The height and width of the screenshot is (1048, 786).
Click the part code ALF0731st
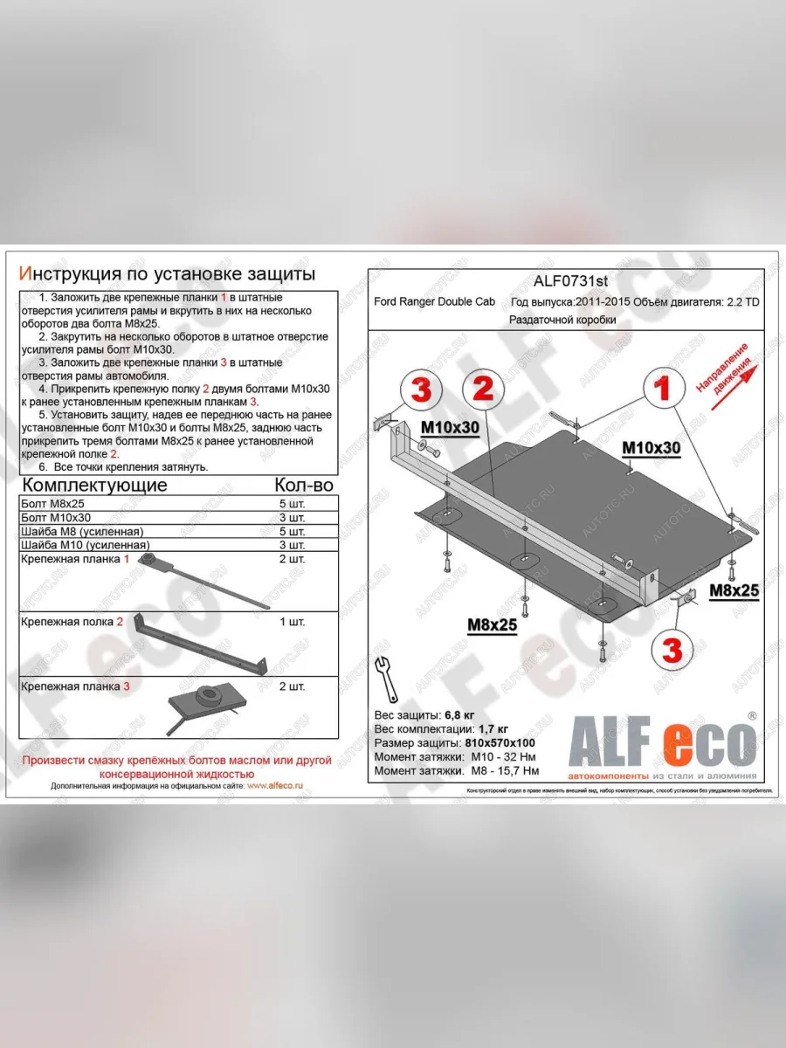(x=571, y=281)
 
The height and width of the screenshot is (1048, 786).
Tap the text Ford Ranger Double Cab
(x=434, y=302)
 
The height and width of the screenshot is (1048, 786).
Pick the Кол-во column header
(x=303, y=486)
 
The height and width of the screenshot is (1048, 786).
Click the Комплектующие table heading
(x=94, y=486)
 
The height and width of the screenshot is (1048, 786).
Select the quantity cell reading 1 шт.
(x=291, y=623)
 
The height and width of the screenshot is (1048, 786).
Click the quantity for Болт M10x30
(x=291, y=518)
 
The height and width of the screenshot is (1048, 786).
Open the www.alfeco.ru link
(x=275, y=786)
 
